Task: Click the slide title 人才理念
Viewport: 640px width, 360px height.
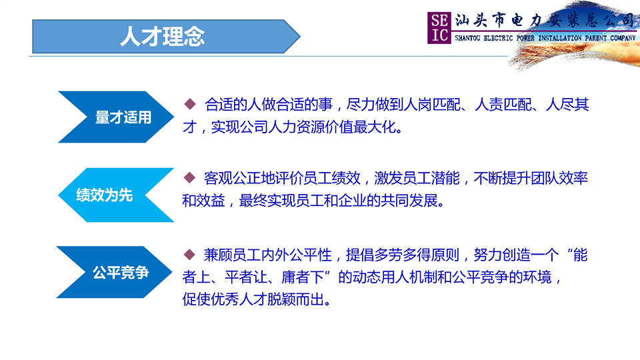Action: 163,36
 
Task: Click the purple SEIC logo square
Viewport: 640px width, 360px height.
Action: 439,28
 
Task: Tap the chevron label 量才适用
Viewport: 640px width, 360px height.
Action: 123,117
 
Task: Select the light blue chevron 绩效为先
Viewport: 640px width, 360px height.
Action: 116,195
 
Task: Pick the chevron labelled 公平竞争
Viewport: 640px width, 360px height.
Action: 114,272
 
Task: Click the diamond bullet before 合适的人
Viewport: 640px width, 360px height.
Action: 190,104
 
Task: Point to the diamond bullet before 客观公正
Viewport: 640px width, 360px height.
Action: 189,177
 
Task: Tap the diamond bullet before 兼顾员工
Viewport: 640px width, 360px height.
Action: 189,255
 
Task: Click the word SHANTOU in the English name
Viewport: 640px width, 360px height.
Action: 467,38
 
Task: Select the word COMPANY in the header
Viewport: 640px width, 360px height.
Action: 623,38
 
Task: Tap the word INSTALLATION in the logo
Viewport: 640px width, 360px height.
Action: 560,38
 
